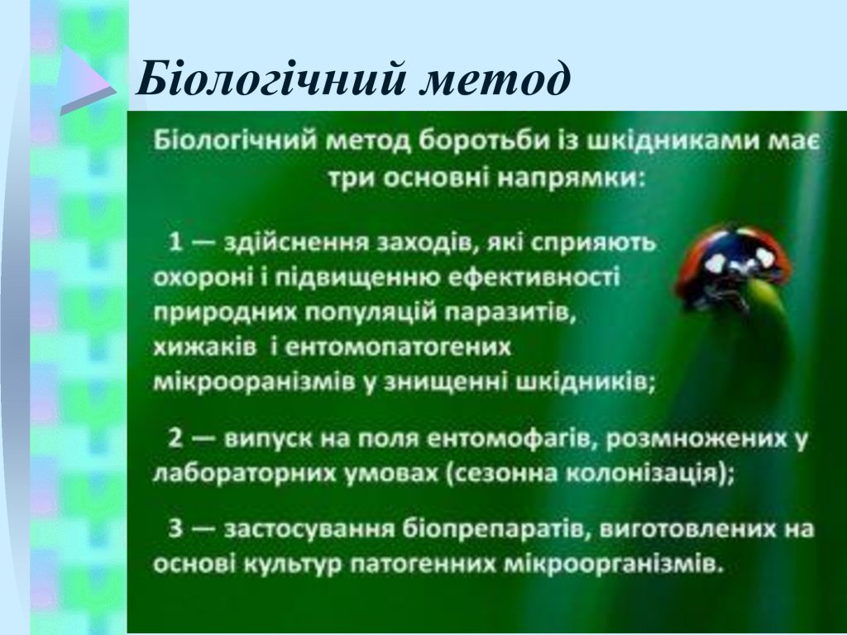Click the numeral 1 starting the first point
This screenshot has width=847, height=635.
175,242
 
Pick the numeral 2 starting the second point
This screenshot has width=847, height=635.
175,438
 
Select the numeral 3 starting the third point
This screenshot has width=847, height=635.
175,528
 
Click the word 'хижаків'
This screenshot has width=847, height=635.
205,347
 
